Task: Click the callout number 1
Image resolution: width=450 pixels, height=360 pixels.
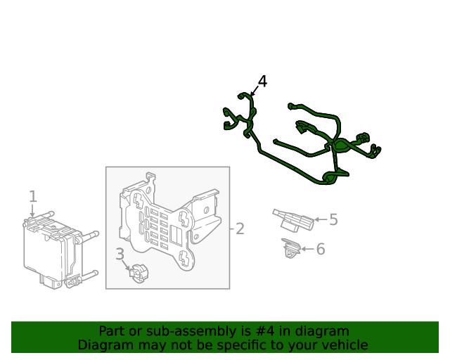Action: pos(33,197)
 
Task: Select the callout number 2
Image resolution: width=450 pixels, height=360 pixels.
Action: pos(240,229)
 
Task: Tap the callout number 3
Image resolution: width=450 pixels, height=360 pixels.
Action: pos(120,254)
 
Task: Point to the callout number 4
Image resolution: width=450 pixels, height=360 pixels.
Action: pos(262,82)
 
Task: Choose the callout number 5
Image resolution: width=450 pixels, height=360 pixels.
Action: pos(333,219)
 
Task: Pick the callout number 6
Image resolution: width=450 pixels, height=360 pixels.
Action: pos(321,249)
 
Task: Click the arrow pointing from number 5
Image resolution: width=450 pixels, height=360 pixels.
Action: pos(321,219)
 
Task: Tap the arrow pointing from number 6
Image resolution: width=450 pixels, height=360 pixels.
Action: pos(307,249)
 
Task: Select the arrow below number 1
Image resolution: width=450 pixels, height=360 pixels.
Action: pos(33,210)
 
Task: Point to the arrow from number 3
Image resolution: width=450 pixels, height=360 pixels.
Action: pos(126,265)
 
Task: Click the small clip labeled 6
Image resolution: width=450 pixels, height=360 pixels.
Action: pos(291,247)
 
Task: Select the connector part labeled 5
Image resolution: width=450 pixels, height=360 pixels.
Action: pos(293,220)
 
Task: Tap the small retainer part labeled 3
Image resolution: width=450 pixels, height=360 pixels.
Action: pos(139,274)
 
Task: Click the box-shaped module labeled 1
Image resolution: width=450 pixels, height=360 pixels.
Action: pos(61,250)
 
